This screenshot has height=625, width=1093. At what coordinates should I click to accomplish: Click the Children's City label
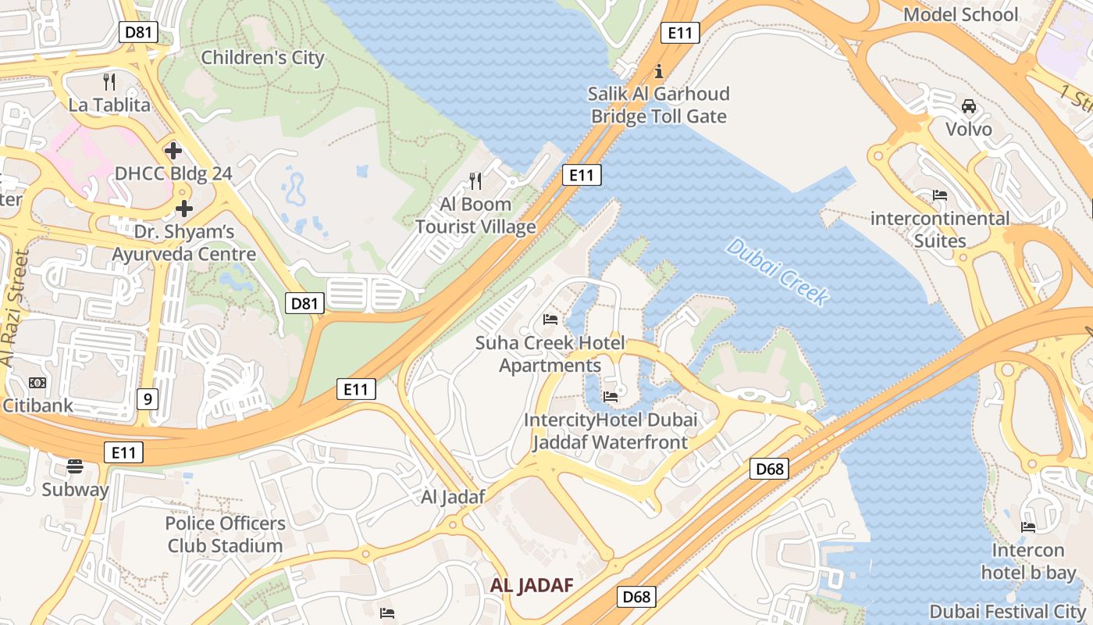[x=262, y=58]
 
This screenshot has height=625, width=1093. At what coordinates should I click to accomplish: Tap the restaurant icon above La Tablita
[x=109, y=80]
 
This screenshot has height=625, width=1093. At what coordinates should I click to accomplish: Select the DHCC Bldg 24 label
[x=173, y=173]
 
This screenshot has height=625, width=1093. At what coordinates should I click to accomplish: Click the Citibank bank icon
[x=37, y=382]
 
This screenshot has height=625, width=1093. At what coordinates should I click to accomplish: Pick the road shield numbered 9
[x=148, y=399]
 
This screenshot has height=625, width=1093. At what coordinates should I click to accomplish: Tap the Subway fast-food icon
[x=75, y=466]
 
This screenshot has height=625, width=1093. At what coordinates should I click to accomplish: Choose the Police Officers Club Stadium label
[x=225, y=534]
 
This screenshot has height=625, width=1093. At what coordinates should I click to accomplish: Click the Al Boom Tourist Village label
[x=475, y=216]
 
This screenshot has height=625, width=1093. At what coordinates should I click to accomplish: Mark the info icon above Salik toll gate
[x=659, y=71]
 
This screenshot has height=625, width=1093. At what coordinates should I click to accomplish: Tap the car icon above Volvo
[x=969, y=105]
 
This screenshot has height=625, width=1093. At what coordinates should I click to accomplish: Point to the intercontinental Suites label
[x=940, y=230]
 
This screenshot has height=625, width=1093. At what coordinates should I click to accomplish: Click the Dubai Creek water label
[x=777, y=273]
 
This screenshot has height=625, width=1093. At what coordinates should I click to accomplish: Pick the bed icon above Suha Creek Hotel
[x=550, y=320]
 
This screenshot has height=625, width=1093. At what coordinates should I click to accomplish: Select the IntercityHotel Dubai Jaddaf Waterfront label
[x=610, y=431]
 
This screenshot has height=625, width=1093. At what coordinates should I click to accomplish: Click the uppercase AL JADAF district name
[x=532, y=585]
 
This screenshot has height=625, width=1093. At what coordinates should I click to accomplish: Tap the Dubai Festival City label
[x=1007, y=611]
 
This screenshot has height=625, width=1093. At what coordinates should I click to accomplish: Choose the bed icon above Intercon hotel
[x=1028, y=527]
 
